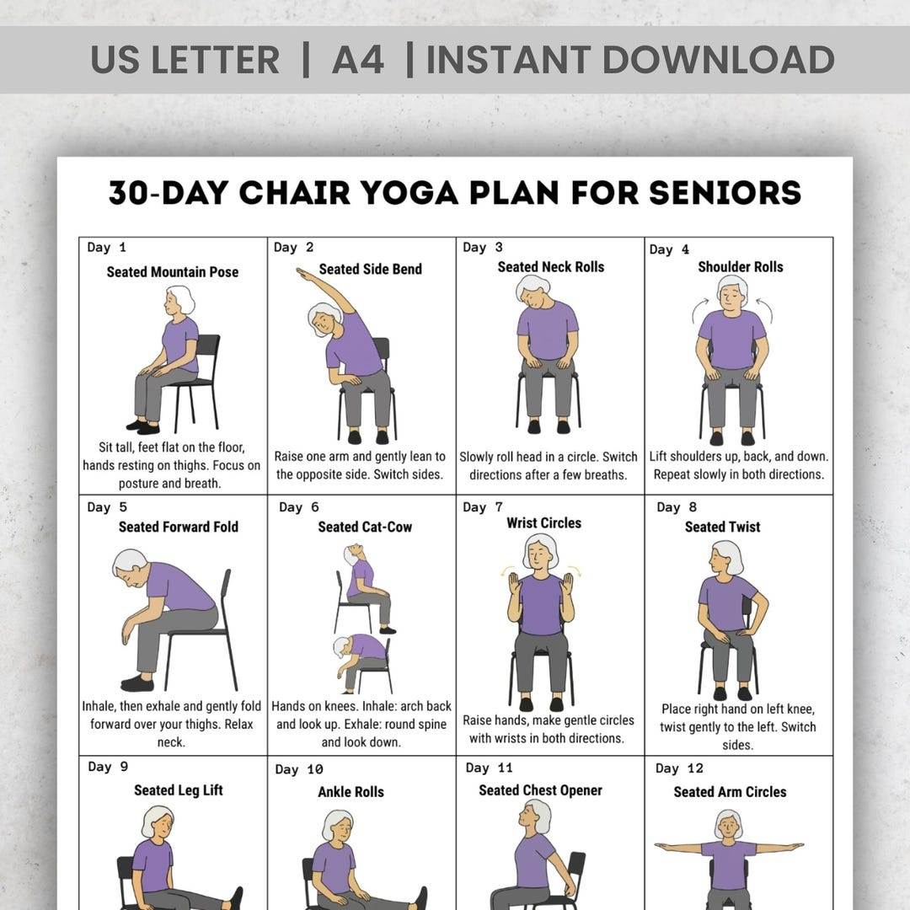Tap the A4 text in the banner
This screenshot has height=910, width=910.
click(358, 60)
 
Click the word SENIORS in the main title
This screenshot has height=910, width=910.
click(725, 193)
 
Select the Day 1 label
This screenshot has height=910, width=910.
click(106, 248)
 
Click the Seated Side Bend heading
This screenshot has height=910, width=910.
click(370, 270)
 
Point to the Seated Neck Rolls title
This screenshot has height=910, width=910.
click(550, 267)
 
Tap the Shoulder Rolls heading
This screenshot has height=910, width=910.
click(740, 267)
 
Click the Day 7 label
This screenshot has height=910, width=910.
click(483, 507)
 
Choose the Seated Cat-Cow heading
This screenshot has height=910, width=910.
click(365, 527)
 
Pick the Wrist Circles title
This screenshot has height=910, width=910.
click(543, 523)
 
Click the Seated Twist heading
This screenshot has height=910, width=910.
click(722, 527)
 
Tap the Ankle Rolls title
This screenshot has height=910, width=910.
click(351, 792)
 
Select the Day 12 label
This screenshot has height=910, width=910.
click(678, 768)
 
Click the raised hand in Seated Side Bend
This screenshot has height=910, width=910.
click(302, 272)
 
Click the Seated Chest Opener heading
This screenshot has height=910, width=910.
click(540, 790)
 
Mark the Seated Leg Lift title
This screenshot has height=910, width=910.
click(178, 790)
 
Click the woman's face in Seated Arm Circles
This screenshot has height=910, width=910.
click(728, 825)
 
